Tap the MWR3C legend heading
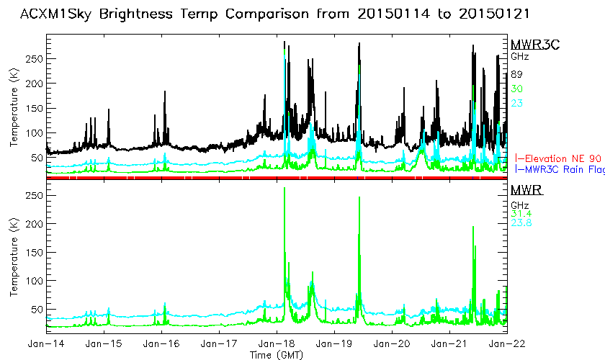pyautogui.click(x=529, y=45)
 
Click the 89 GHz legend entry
pyautogui.click(x=516, y=74)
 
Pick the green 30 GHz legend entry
pyautogui.click(x=516, y=89)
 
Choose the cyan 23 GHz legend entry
pyautogui.click(x=516, y=103)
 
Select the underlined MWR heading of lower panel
pyautogui.click(x=526, y=191)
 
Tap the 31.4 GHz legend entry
pyautogui.click(x=520, y=213)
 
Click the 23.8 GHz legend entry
pyautogui.click(x=521, y=223)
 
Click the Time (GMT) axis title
pyautogui.click(x=277, y=355)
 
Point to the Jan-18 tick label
pyautogui.click(x=277, y=345)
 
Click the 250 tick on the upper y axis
pyautogui.click(x=34, y=58)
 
